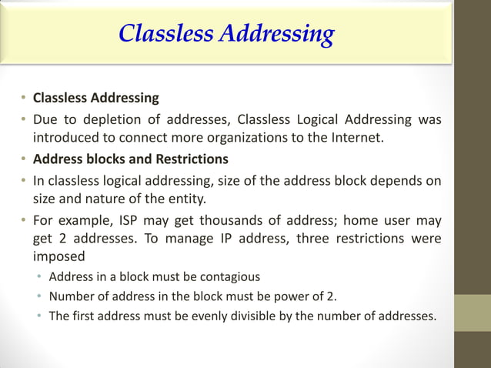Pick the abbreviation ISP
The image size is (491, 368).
pos(122,219)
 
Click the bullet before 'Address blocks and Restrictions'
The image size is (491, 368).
pos(25,159)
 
